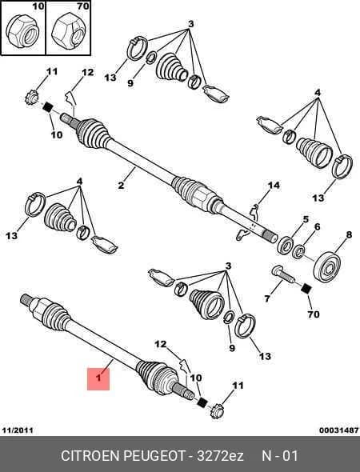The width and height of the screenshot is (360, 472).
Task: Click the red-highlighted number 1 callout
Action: (x=98, y=378)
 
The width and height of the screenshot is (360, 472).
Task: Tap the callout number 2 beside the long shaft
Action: (x=121, y=185)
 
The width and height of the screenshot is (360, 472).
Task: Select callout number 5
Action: (x=306, y=219)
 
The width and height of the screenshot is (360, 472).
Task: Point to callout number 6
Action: (x=318, y=226)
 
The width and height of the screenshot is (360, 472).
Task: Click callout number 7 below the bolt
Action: (x=267, y=298)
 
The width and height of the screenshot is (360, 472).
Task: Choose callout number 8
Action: (x=349, y=234)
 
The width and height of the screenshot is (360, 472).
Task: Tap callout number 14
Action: (x=274, y=185)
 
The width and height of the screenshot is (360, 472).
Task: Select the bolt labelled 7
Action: (x=283, y=274)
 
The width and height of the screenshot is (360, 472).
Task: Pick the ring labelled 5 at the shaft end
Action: (x=286, y=245)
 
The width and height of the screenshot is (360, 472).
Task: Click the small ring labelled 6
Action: (x=299, y=252)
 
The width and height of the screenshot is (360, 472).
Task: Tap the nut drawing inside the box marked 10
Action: (x=22, y=32)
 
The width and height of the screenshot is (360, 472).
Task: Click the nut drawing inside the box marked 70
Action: (x=68, y=32)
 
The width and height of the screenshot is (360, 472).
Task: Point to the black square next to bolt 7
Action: (x=306, y=289)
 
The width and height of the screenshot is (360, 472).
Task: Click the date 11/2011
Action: (x=18, y=430)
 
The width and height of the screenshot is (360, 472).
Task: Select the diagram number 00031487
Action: (x=339, y=430)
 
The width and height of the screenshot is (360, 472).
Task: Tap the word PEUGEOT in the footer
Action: (x=154, y=456)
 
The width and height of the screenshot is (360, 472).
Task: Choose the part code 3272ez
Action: (x=220, y=456)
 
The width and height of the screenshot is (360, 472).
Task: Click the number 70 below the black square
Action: (x=314, y=314)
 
